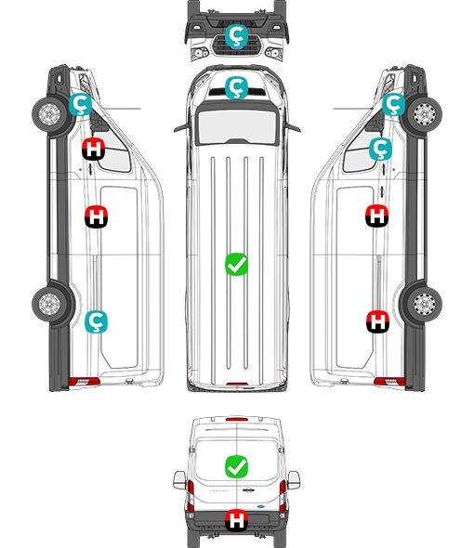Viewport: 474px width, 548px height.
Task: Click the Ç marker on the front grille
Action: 236,35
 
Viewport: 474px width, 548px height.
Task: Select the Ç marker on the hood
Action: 236,87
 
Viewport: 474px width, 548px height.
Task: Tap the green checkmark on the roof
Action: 236,264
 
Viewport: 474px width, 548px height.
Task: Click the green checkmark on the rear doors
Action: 236,466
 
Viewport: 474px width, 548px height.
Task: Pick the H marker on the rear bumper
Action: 236,520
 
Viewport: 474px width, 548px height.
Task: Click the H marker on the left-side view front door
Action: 93,150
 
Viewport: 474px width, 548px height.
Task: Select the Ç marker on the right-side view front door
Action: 381,149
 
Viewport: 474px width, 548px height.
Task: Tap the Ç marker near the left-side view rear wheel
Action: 97,322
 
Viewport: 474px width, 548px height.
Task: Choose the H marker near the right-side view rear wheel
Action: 377,321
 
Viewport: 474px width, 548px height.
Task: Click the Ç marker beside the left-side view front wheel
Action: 81,105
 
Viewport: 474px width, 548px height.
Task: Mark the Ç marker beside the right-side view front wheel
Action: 393,105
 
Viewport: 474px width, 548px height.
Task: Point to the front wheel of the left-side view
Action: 49,114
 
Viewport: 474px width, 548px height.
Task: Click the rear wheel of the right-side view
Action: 424,304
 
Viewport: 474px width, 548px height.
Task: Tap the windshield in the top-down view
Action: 237,126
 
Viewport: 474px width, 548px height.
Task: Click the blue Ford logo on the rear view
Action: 261,506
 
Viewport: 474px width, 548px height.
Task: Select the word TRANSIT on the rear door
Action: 218,490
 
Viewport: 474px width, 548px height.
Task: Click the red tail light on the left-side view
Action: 84,382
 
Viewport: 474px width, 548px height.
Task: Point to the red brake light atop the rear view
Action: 237,419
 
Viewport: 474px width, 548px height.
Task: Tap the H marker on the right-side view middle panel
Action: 377,215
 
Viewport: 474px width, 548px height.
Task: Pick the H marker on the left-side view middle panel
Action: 97,217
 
